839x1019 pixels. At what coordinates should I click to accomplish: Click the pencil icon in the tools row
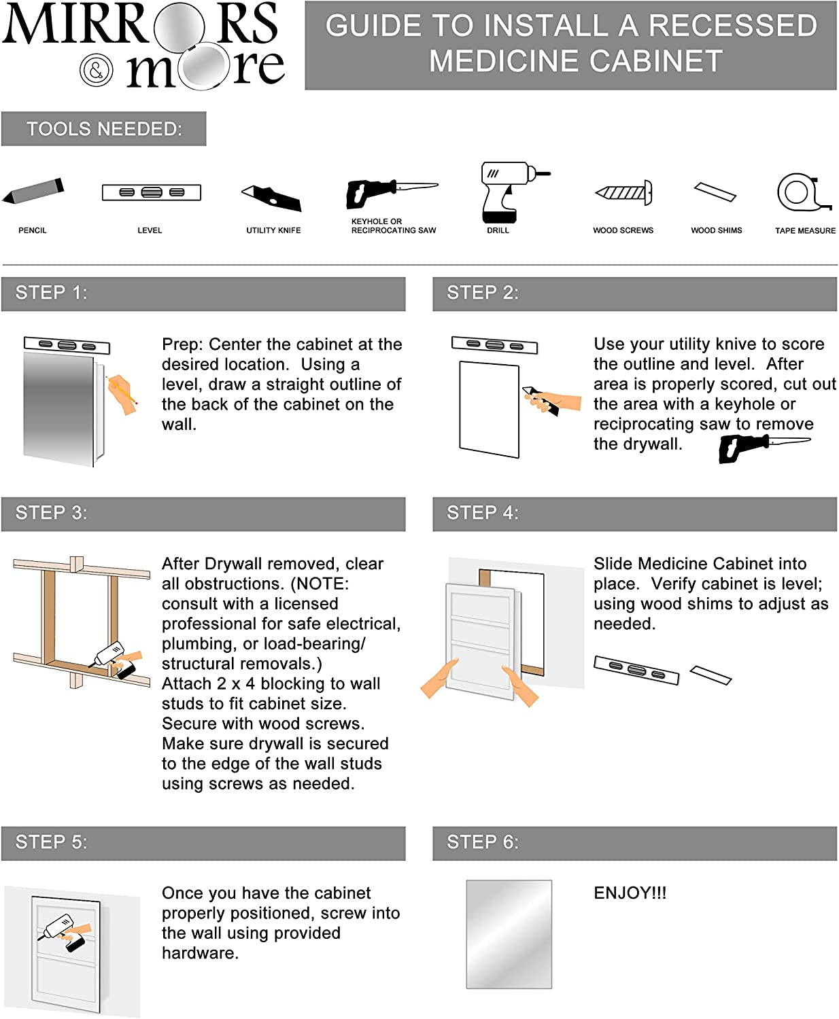[33, 191]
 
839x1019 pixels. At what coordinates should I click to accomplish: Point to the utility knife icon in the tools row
[272, 196]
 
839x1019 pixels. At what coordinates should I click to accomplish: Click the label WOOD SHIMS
[716, 230]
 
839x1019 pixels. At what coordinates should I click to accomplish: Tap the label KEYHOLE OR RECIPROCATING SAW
[393, 226]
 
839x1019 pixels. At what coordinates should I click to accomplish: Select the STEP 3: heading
[52, 513]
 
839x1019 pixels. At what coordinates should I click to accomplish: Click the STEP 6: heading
[483, 842]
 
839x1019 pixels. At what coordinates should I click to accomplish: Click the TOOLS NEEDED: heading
[104, 129]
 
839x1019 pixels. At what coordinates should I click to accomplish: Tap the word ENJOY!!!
[630, 893]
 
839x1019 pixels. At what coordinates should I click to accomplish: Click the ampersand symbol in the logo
[97, 69]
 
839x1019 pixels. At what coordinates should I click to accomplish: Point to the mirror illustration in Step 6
[509, 934]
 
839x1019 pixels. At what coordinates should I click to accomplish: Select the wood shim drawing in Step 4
[710, 675]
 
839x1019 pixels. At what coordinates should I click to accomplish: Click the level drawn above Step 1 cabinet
[67, 345]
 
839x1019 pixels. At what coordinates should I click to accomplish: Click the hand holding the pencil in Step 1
[121, 393]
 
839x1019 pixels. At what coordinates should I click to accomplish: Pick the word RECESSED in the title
[732, 26]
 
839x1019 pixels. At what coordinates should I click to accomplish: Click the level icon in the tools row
[151, 192]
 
